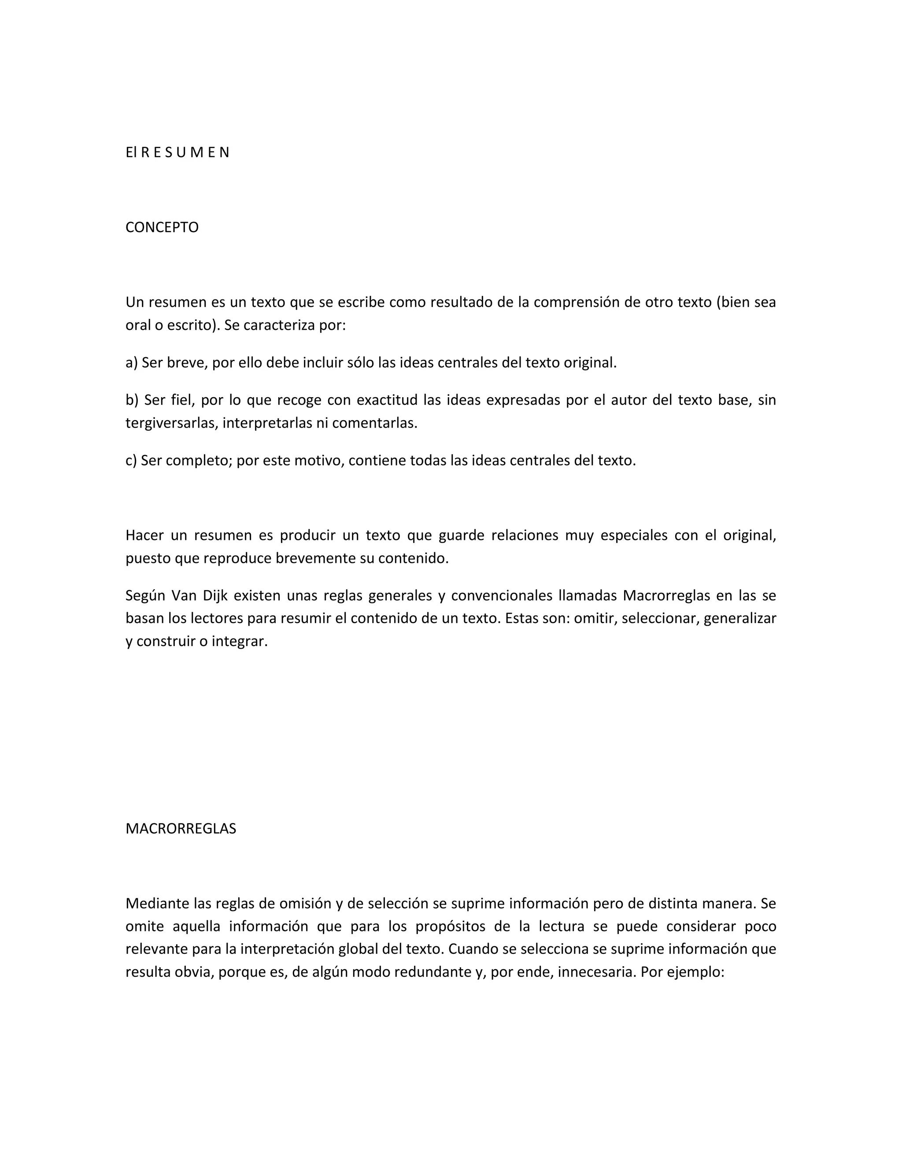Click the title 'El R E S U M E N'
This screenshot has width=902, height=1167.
(177, 153)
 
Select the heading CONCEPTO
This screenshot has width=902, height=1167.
(162, 228)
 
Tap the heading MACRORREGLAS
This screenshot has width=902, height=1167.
(181, 829)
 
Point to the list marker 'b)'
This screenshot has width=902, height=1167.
(132, 400)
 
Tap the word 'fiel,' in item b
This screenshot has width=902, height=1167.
(182, 400)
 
